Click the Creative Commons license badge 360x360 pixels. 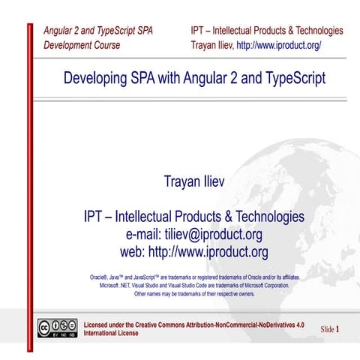[x=58, y=328]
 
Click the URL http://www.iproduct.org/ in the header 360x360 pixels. [x=278, y=45]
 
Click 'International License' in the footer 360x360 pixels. [x=111, y=333]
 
